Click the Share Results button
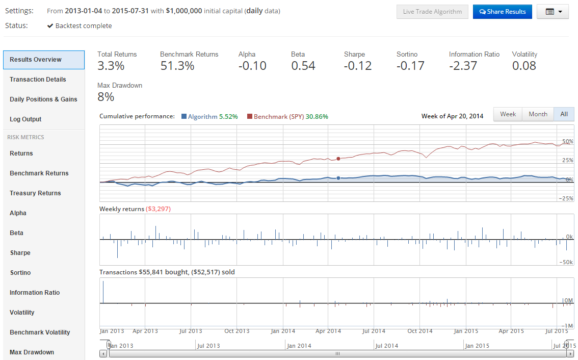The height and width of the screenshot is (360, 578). tap(503, 12)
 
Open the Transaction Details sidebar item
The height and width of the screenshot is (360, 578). tap(38, 80)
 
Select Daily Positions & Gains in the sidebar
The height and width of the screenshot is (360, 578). tap(43, 99)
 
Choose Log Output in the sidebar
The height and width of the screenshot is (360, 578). tap(25, 119)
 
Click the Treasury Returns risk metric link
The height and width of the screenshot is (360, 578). tap(35, 193)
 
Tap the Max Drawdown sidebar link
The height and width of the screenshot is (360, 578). tap(32, 352)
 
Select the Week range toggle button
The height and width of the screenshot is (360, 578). tap(508, 114)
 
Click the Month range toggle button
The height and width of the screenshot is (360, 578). tap(538, 114)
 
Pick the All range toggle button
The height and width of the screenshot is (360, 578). tap(564, 114)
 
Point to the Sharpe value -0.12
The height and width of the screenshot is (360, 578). tap(358, 66)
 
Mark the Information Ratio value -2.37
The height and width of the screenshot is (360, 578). tap(463, 66)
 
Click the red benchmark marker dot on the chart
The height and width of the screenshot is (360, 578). tap(338, 159)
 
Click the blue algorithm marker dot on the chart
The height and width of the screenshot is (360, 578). tap(338, 178)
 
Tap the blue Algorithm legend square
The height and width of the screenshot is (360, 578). tap(184, 116)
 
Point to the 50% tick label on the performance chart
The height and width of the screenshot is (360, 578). tap(568, 141)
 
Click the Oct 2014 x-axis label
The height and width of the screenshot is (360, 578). tap(419, 331)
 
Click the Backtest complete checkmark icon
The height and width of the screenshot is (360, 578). tap(50, 26)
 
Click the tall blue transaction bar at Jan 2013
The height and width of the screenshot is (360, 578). tap(103, 292)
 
